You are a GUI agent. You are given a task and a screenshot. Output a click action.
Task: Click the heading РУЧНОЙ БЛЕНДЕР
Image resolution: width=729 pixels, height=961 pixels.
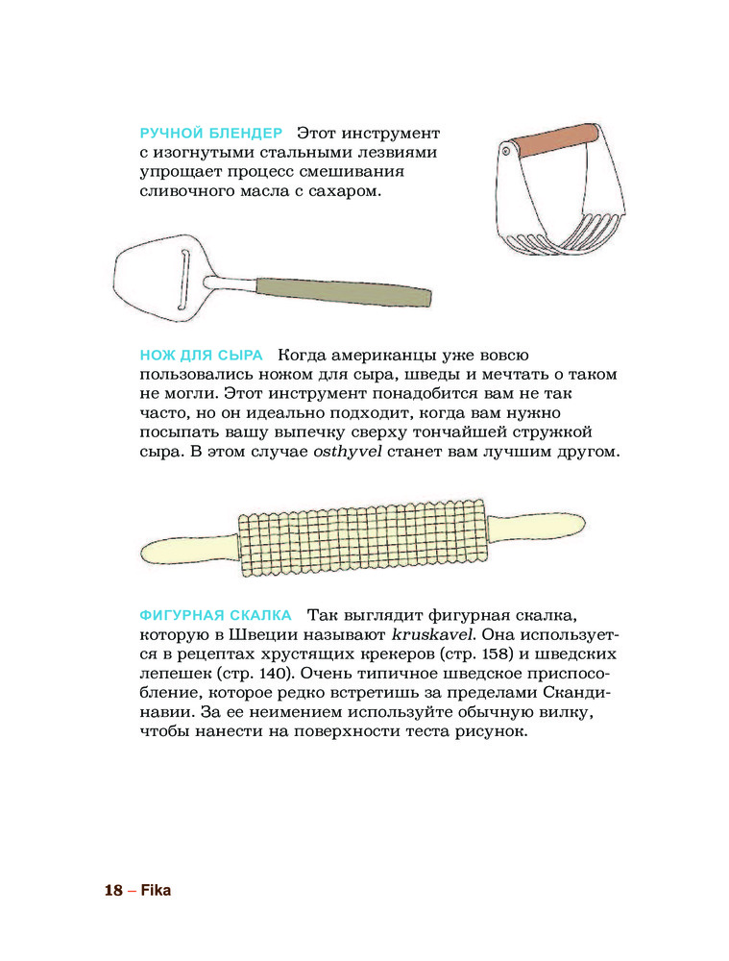[x=211, y=133]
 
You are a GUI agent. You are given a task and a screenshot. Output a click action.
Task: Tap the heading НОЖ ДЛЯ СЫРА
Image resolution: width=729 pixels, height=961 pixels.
[x=201, y=355]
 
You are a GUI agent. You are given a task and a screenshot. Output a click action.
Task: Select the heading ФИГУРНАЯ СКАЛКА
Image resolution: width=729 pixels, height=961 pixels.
[x=216, y=615]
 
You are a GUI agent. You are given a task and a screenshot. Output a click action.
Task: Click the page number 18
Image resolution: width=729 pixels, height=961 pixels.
[x=113, y=890]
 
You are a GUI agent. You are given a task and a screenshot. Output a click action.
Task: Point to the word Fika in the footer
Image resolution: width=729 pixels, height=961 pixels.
[x=156, y=890]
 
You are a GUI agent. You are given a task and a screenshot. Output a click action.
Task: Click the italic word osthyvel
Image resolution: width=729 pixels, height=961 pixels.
[x=348, y=453]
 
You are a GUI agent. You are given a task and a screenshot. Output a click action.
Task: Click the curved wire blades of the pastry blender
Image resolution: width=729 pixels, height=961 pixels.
[x=567, y=236]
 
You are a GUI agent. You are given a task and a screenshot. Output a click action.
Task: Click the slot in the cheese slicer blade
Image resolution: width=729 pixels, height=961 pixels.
[x=183, y=280]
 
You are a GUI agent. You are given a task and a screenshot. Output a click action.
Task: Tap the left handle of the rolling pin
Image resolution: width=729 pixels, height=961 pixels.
[x=188, y=549]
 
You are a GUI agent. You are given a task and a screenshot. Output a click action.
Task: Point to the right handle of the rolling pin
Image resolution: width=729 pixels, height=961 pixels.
[x=535, y=526]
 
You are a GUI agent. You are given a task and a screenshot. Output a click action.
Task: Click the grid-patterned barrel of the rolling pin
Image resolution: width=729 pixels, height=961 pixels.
[x=362, y=537]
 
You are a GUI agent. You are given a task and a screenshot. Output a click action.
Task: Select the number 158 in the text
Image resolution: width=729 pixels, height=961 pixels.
[x=498, y=653]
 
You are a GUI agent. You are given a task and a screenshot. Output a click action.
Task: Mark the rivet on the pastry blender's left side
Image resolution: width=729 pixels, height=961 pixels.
[x=505, y=150]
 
